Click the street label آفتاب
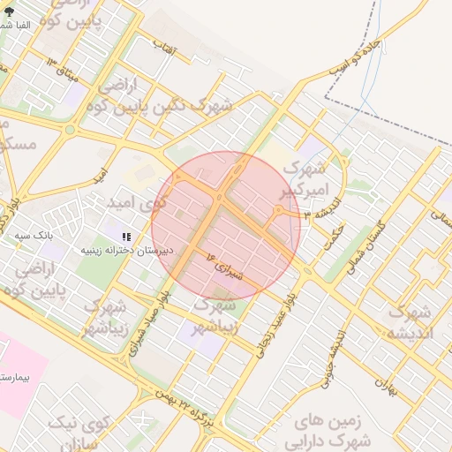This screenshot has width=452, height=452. [165, 49]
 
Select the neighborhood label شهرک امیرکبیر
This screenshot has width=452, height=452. [307, 177]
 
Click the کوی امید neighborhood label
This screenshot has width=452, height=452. [136, 203]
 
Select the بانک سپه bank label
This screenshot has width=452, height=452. [38, 237]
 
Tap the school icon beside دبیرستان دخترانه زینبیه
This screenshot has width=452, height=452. [126, 237]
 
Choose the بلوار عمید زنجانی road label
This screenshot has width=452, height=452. [274, 325]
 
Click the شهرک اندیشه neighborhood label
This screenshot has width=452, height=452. [408, 323]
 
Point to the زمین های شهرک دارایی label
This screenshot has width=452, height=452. [334, 431]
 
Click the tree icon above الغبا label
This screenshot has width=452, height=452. [9, 11]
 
